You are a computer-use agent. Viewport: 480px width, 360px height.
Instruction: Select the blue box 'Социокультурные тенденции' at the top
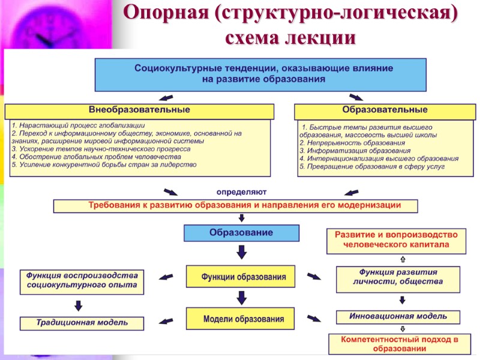[x=260, y=73]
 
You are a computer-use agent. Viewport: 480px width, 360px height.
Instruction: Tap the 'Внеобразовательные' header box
[x=139, y=111]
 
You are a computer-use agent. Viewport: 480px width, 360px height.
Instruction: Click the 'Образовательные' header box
[x=385, y=111]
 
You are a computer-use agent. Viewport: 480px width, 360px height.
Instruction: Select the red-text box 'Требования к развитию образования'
[x=235, y=206]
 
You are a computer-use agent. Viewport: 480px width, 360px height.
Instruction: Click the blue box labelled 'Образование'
[x=241, y=233]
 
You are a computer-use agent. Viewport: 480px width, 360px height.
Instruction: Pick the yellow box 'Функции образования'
[x=239, y=278]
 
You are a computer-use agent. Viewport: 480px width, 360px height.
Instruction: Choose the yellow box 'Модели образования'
[x=239, y=319]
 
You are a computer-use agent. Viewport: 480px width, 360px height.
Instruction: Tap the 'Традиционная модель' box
[x=82, y=323]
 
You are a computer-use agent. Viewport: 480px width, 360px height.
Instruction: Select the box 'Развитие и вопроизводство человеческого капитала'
[x=395, y=240]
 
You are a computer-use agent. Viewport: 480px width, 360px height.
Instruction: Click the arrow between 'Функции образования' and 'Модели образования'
[x=241, y=298]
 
